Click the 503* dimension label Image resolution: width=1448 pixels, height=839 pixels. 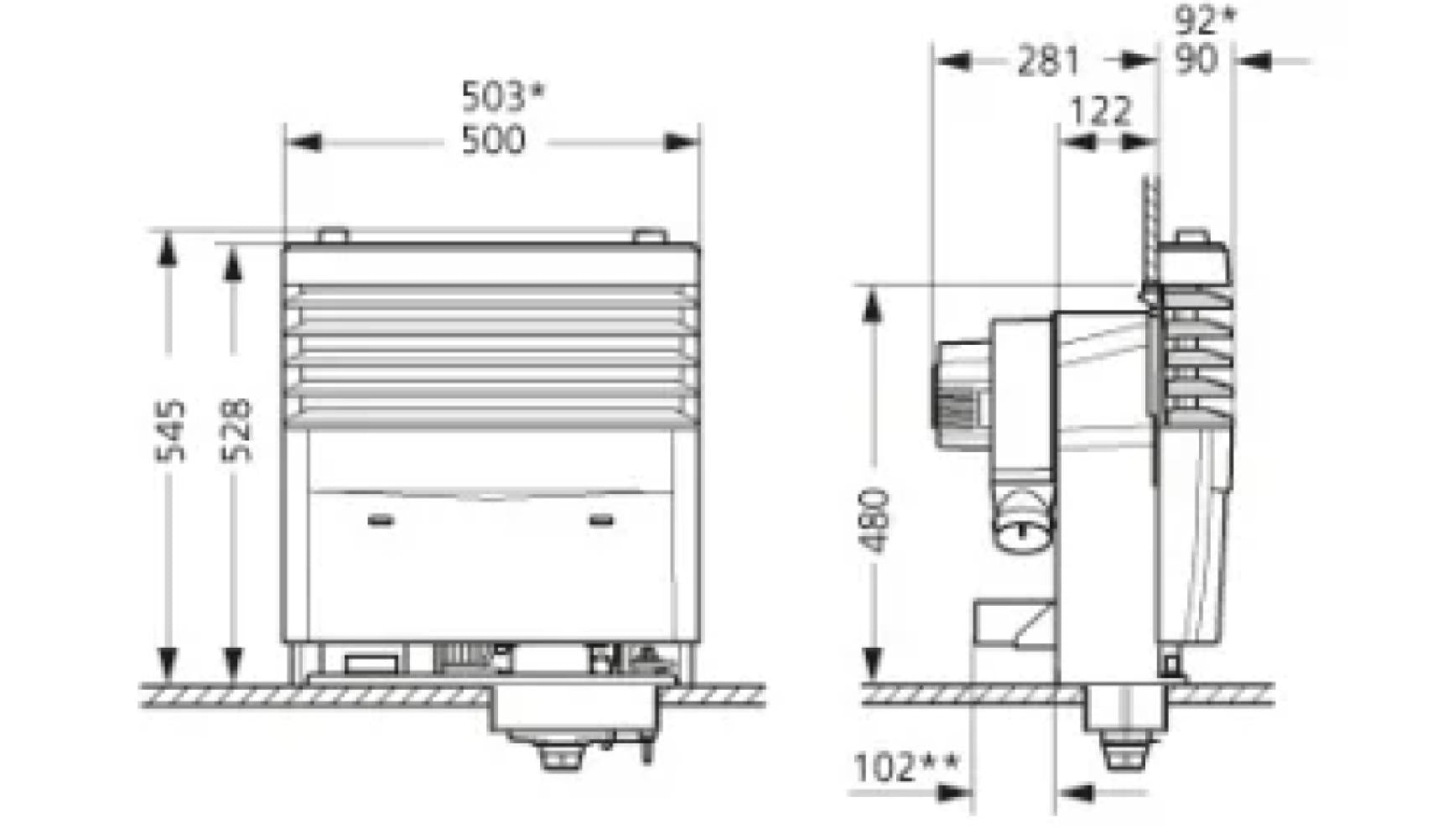[x=502, y=97]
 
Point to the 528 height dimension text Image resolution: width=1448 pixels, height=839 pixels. [x=237, y=430]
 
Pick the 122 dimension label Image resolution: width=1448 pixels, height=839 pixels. [x=1099, y=111]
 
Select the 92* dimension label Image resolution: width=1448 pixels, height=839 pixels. [x=1204, y=18]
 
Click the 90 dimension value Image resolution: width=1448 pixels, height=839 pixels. [x=1195, y=60]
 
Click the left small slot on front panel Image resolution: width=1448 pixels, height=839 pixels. [x=381, y=521]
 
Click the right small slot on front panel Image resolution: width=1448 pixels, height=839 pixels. [x=601, y=521]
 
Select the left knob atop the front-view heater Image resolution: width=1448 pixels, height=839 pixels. [x=333, y=236]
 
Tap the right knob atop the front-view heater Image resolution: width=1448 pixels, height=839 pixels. [x=646, y=236]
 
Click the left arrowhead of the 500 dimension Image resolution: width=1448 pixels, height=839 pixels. [x=304, y=142]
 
